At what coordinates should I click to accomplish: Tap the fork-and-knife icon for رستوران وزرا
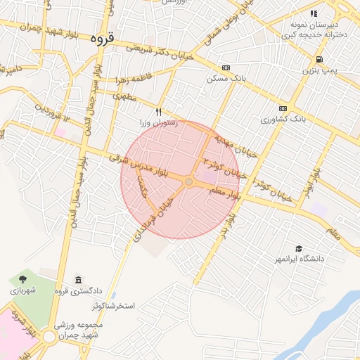(x=159, y=112)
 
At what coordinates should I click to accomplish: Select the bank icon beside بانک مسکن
(x=226, y=68)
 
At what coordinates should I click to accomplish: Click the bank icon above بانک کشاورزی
(x=283, y=108)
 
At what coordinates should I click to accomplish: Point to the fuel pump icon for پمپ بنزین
(x=320, y=60)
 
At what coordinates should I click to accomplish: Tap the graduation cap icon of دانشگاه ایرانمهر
(x=299, y=249)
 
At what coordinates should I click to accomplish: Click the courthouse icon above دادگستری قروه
(x=77, y=280)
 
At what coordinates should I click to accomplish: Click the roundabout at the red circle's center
(x=188, y=182)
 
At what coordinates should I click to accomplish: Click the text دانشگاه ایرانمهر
(x=303, y=259)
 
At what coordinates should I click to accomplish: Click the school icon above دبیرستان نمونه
(x=314, y=13)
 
